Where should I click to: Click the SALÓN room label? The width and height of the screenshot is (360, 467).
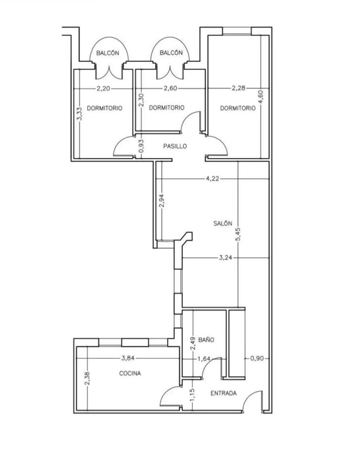(222, 223)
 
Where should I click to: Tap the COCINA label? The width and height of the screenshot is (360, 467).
(130, 373)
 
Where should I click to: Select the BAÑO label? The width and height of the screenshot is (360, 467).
(206, 340)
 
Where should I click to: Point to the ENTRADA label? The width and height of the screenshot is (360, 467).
(223, 393)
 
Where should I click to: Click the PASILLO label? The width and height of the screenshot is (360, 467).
(175, 146)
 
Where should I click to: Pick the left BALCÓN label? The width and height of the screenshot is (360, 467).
(108, 53)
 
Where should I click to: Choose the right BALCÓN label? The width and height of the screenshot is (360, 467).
(171, 53)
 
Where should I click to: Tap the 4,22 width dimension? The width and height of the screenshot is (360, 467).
(213, 179)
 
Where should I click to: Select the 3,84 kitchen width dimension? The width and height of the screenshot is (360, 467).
(128, 358)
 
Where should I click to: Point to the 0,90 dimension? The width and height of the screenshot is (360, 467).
(257, 358)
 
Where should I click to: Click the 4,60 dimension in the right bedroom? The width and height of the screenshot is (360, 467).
(261, 97)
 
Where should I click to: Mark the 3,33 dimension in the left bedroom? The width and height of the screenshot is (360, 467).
(79, 114)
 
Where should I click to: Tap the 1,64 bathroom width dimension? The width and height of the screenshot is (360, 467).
(204, 359)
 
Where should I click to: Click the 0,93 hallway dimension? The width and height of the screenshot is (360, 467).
(142, 146)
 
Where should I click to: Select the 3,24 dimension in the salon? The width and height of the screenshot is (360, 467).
(225, 257)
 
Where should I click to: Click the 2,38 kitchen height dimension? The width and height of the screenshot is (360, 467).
(87, 378)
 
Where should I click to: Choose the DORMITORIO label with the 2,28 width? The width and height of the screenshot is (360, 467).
(237, 108)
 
